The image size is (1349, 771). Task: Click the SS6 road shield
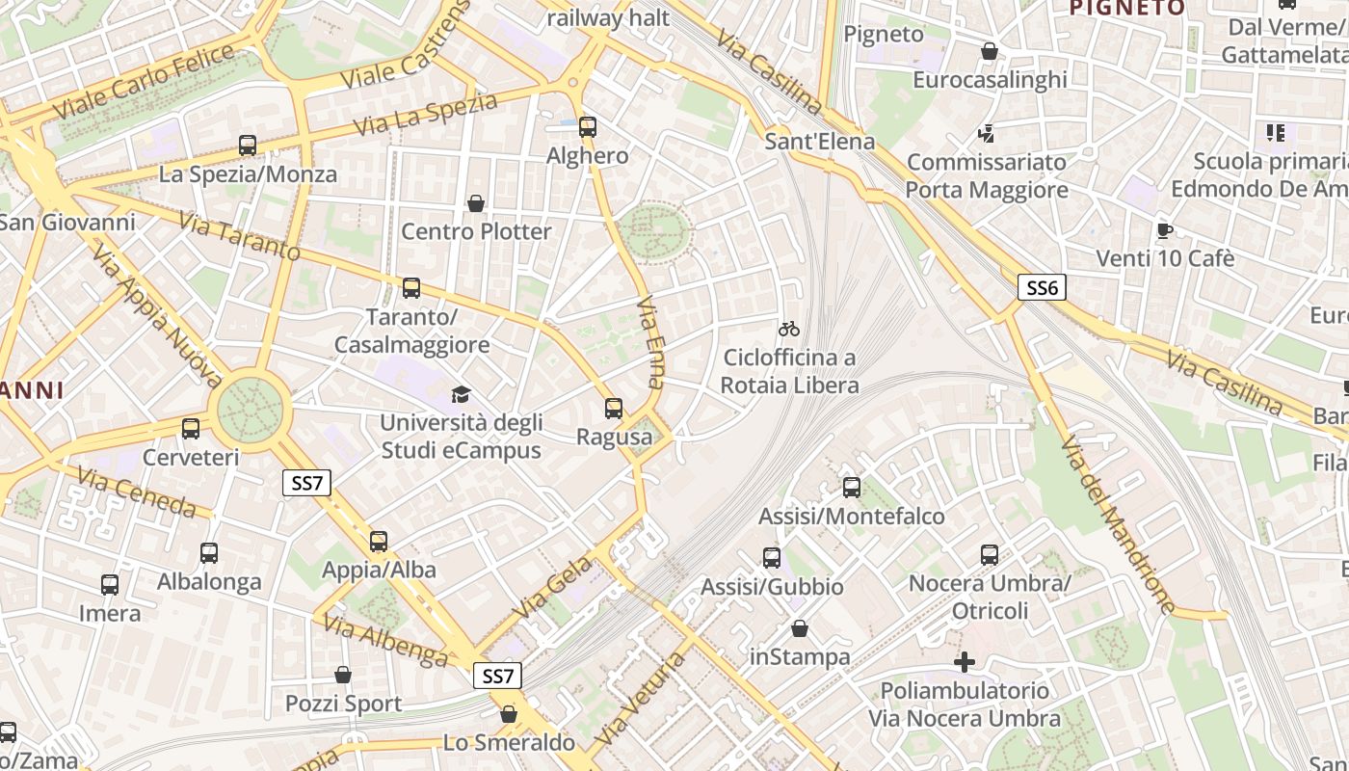pos(1042,287)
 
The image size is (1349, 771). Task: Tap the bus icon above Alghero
pos(587,127)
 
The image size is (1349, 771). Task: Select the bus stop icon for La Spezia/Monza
pos(248,146)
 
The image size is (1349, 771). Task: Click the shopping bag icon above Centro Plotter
pos(476,203)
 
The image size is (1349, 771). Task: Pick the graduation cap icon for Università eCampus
pos(461,394)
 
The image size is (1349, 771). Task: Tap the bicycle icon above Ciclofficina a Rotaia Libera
pos(788,329)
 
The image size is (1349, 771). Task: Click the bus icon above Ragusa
pos(614,409)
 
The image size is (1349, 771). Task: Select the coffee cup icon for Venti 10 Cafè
pos(1164,230)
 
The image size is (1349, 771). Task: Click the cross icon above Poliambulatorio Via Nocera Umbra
pos(964,662)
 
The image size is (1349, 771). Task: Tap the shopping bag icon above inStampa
pos(800,629)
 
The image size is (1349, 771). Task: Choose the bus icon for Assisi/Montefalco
pos(852,488)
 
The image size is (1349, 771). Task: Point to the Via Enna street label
pos(652,341)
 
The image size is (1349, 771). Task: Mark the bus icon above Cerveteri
pos(191,429)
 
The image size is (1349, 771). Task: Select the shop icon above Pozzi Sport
pos(343,676)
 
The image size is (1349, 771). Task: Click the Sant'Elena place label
pos(819,142)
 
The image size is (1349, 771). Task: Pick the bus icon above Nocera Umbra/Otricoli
pos(990,555)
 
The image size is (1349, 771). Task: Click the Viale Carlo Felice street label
pos(145,82)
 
